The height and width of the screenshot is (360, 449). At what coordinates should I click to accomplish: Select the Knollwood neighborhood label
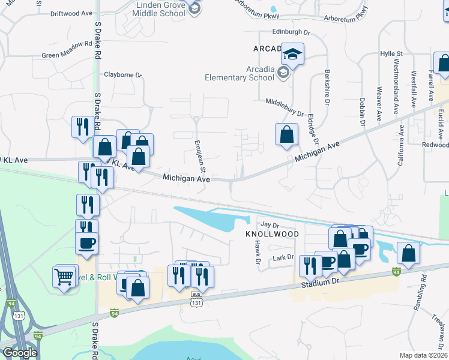[272, 233]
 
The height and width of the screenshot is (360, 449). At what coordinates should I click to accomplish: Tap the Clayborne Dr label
[122, 75]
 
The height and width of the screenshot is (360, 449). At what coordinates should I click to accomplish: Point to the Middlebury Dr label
[286, 107]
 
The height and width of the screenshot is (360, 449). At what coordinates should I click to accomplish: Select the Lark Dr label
[282, 257]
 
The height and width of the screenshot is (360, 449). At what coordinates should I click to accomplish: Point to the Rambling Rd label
[424, 287]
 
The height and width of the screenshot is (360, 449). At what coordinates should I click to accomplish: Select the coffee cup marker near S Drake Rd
[86, 243]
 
